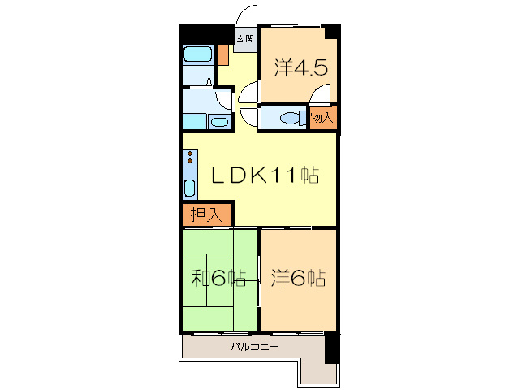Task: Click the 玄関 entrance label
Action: [245, 39]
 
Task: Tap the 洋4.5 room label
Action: [300, 67]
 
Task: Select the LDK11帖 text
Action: [265, 175]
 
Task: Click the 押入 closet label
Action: [206, 215]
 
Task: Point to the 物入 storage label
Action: [322, 117]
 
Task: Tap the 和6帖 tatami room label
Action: [219, 278]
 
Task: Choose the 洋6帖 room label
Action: [298, 278]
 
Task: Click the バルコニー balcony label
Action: [255, 347]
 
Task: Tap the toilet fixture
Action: [293, 118]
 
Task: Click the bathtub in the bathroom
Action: [197, 54]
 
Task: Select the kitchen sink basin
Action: [190, 188]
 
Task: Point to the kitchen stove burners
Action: [190, 157]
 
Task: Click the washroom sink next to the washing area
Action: [219, 122]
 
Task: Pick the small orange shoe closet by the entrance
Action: [223, 55]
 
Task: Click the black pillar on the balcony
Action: [331, 348]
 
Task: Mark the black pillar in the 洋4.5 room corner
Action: [332, 32]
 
